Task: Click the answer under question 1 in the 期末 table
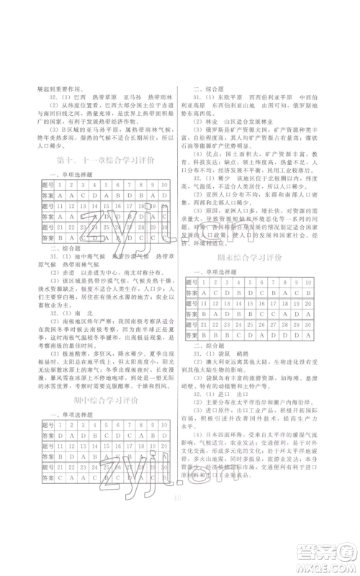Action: [207, 294]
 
